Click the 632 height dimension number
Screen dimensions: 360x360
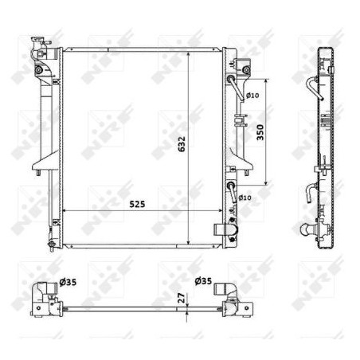pyautogui.click(x=182, y=144)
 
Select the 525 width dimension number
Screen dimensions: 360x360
pyautogui.click(x=137, y=204)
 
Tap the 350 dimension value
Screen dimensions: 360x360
pyautogui.click(x=260, y=132)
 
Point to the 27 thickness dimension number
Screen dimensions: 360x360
pyautogui.click(x=182, y=298)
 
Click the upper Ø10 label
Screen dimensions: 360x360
pyautogui.click(x=252, y=95)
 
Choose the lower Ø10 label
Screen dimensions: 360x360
pyautogui.click(x=245, y=198)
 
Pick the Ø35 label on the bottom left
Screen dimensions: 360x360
pyautogui.click(x=68, y=282)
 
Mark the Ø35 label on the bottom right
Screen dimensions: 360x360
pyautogui.click(x=203, y=280)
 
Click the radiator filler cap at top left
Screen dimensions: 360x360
pyautogui.click(x=39, y=42)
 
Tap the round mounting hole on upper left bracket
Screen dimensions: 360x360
pyautogui.click(x=39, y=70)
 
